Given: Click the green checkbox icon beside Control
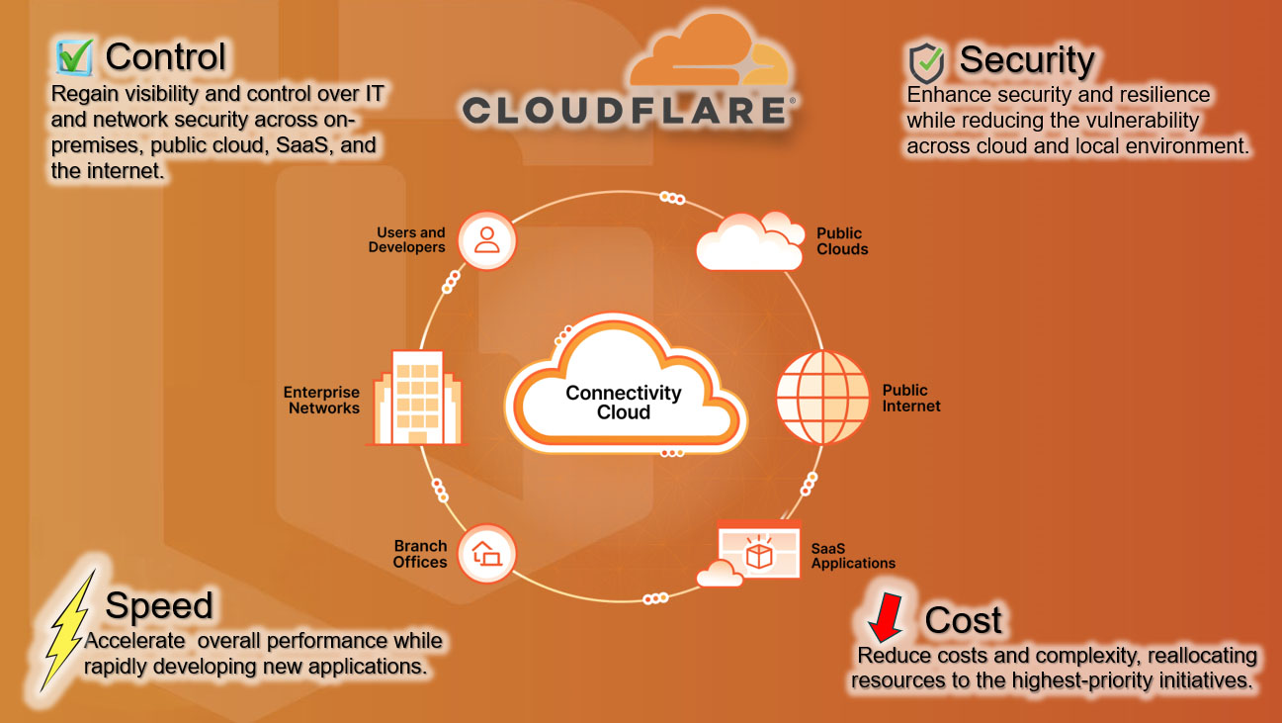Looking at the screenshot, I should (x=75, y=56).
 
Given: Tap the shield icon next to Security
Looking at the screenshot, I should (x=926, y=61).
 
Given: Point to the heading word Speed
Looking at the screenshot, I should (x=159, y=605).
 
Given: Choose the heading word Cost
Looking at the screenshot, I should (x=963, y=620).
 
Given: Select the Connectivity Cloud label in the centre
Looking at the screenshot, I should (x=624, y=403).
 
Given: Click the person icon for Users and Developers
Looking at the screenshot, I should (x=486, y=240).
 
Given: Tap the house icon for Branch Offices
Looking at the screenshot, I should (x=487, y=553).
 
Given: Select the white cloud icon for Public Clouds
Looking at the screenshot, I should (x=748, y=241).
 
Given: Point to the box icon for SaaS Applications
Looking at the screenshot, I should (x=758, y=555).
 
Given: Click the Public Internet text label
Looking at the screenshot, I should (x=910, y=399).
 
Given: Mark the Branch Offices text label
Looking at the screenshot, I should (x=420, y=554).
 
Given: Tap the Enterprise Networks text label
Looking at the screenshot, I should (x=322, y=401).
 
